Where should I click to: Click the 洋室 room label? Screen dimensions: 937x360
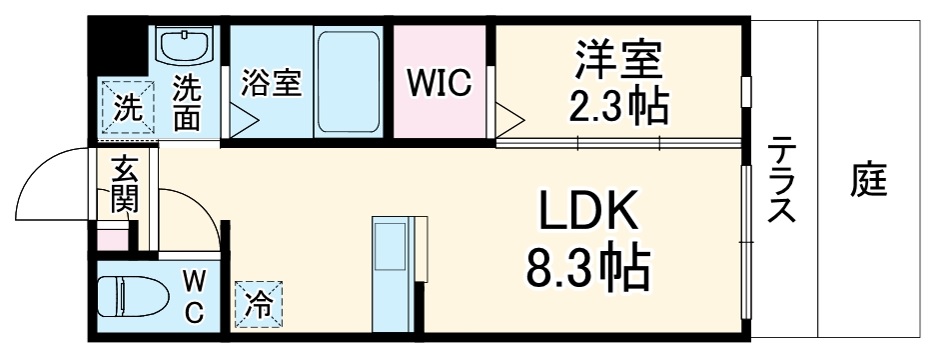(x=618, y=60)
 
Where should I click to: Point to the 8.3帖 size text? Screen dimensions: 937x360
(x=588, y=268)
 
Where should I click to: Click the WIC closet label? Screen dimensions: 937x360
(x=439, y=84)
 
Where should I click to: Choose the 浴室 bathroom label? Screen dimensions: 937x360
(x=271, y=83)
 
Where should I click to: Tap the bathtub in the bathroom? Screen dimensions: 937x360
(x=348, y=83)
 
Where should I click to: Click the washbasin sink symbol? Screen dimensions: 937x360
(x=186, y=47)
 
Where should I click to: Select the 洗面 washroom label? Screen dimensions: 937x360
(x=186, y=103)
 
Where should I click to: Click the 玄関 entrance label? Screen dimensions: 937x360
(x=126, y=185)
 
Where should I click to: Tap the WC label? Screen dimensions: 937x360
(x=194, y=296)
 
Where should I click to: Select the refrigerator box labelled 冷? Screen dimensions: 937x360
(x=258, y=304)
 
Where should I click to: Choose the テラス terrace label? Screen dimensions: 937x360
(x=781, y=183)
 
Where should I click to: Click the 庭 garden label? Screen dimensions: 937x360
(x=870, y=181)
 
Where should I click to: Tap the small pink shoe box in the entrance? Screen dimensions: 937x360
(x=113, y=240)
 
